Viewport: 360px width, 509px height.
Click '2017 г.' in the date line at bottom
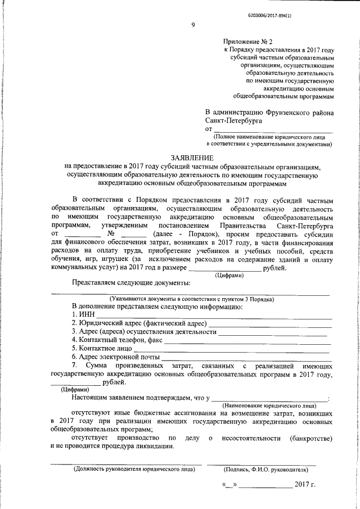[x=305, y=484]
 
